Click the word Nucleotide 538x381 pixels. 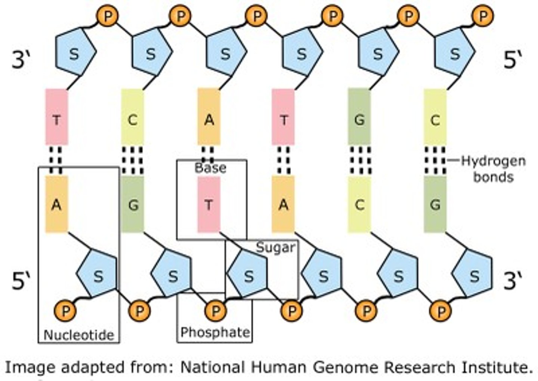pyautogui.click(x=79, y=334)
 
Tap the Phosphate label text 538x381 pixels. pyautogui.click(x=215, y=332)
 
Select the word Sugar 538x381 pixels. pyautogui.click(x=275, y=247)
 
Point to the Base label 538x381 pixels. pyautogui.click(x=210, y=168)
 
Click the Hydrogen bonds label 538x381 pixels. pyautogui.click(x=493, y=169)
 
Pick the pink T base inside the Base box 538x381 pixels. pyautogui.click(x=209, y=204)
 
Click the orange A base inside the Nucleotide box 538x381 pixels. pyautogui.click(x=56, y=204)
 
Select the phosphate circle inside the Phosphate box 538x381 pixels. pyautogui.click(x=216, y=310)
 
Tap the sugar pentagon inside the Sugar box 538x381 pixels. pyautogui.click(x=248, y=276)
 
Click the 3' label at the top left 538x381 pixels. pyautogui.click(x=21, y=60)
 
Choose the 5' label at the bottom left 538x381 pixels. pyautogui.click(x=21, y=281)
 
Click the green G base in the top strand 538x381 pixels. pyautogui.click(x=359, y=120)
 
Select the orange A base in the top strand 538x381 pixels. pyautogui.click(x=209, y=120)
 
